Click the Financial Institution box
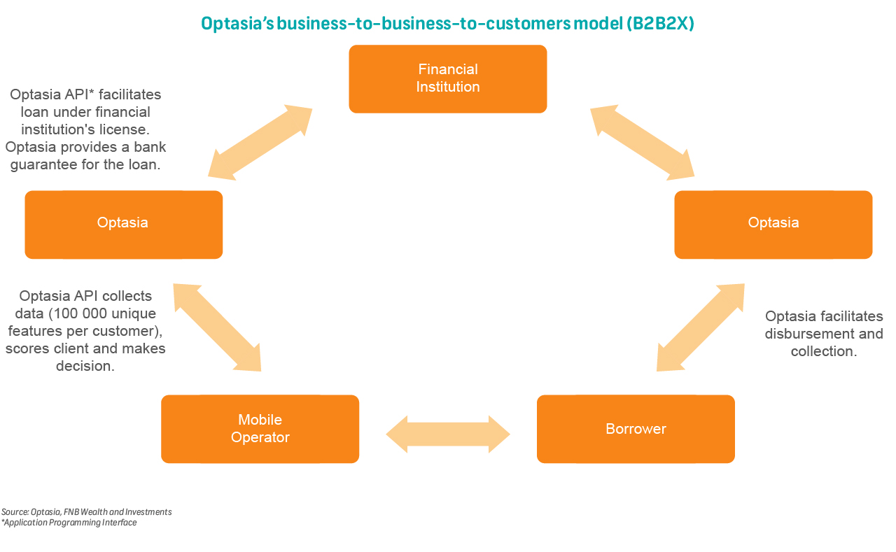click(x=448, y=78)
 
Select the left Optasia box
click(x=123, y=224)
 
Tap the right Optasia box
click(x=773, y=224)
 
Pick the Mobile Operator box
click(x=260, y=429)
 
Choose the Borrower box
click(x=636, y=429)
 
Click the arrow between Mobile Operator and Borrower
click(x=448, y=434)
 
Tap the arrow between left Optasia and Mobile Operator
click(x=217, y=327)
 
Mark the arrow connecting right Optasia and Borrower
click(x=700, y=327)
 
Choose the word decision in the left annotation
click(x=85, y=366)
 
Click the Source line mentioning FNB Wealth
click(x=86, y=512)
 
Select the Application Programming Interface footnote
click(x=69, y=523)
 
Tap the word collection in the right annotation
click(x=823, y=351)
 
